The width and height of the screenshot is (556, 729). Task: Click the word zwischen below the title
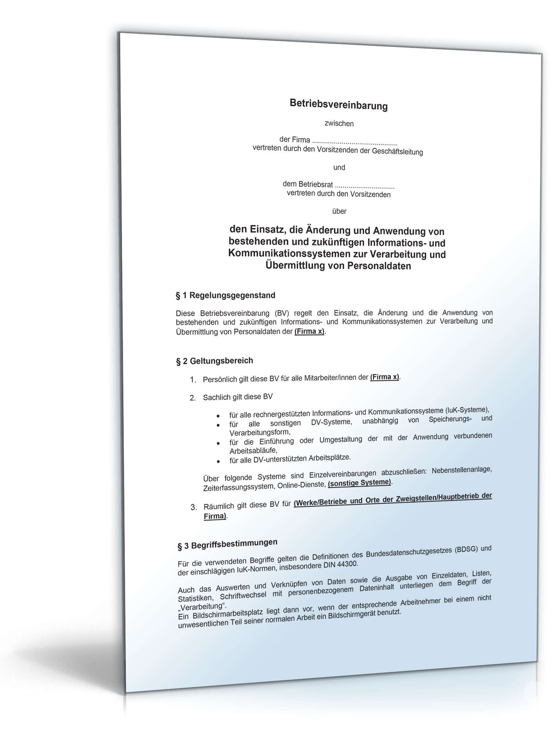339,124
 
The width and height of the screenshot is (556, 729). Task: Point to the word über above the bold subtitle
339,211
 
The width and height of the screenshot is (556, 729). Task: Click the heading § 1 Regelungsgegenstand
225,295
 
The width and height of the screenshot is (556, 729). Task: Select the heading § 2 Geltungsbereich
214,361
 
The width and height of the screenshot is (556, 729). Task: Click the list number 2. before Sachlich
193,398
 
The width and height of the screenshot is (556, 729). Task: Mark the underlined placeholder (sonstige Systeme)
359,483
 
